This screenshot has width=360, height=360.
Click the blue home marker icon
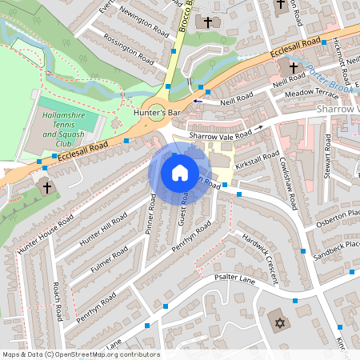[180, 173]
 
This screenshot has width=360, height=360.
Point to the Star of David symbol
[279, 322]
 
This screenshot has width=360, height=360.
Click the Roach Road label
[57, 300]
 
